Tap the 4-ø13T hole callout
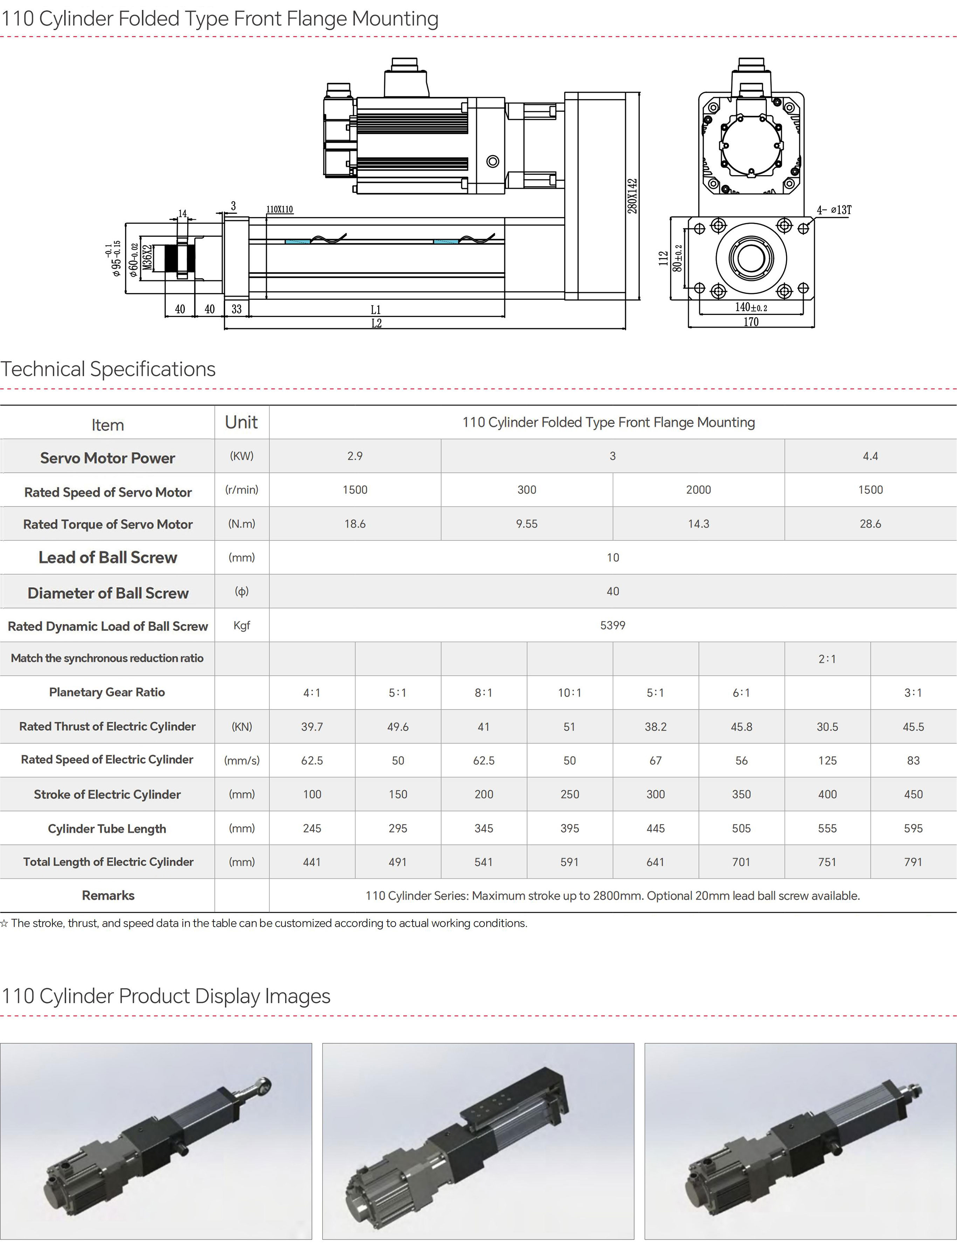click(x=834, y=210)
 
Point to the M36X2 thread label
click(x=147, y=257)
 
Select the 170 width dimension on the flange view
click(x=751, y=322)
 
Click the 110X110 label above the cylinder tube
click(x=280, y=210)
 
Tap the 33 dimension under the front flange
click(x=236, y=309)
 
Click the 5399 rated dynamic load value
click(x=612, y=625)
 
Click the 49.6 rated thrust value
click(x=397, y=727)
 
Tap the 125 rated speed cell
click(x=827, y=761)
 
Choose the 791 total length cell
click(x=913, y=862)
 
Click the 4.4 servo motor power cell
click(x=870, y=456)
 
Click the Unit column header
click(x=242, y=422)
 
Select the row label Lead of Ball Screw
click(x=108, y=557)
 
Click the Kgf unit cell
click(x=242, y=625)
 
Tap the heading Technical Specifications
click(x=108, y=369)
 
